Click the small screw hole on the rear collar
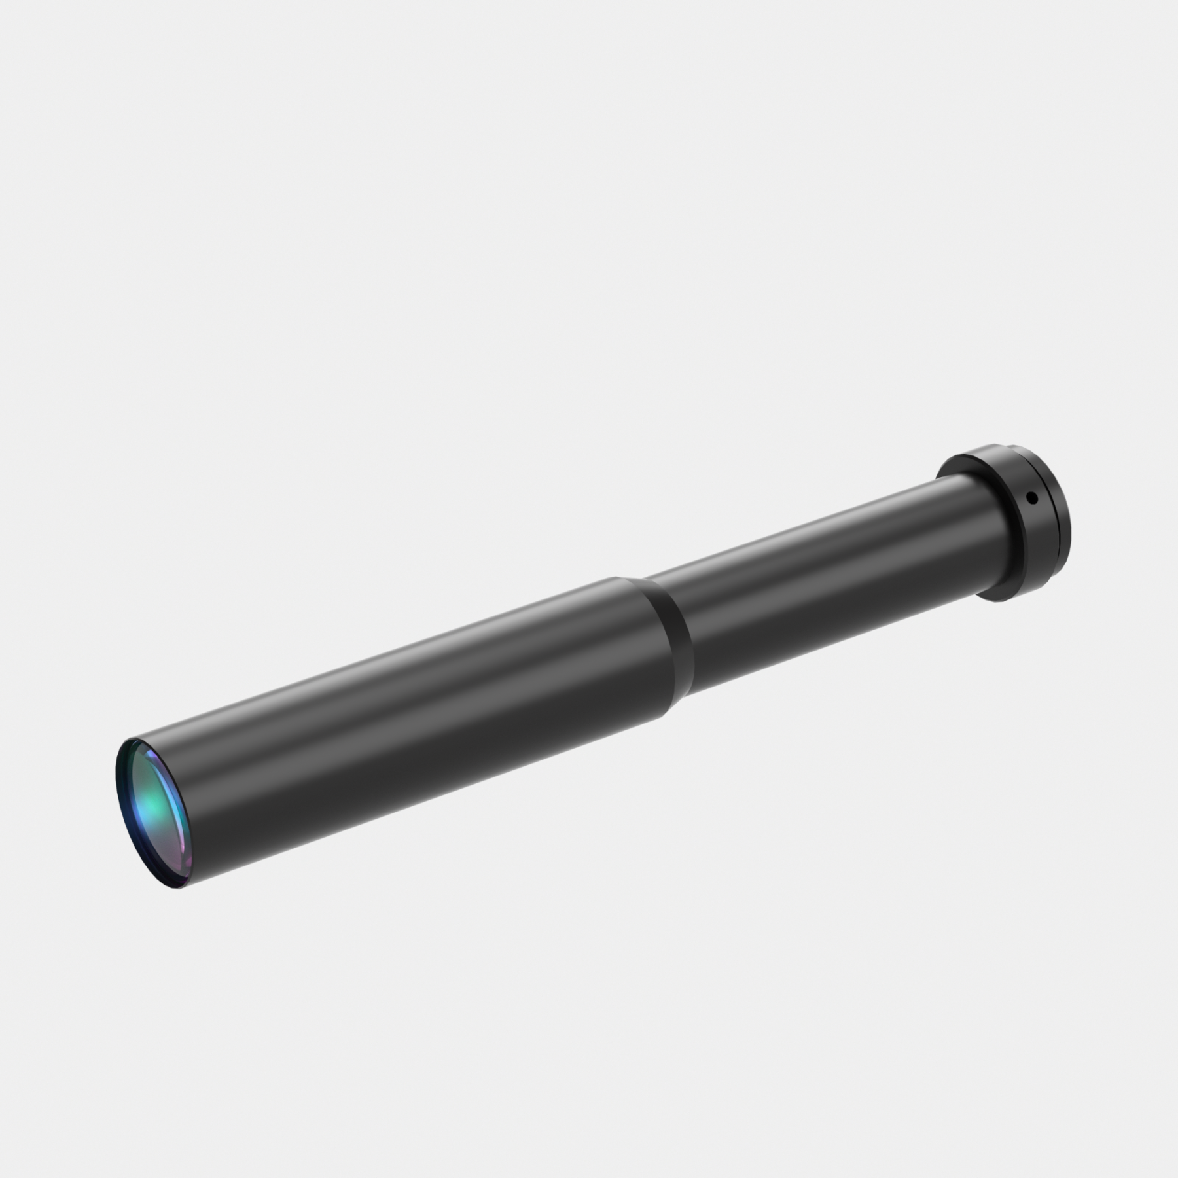(x=1032, y=498)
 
